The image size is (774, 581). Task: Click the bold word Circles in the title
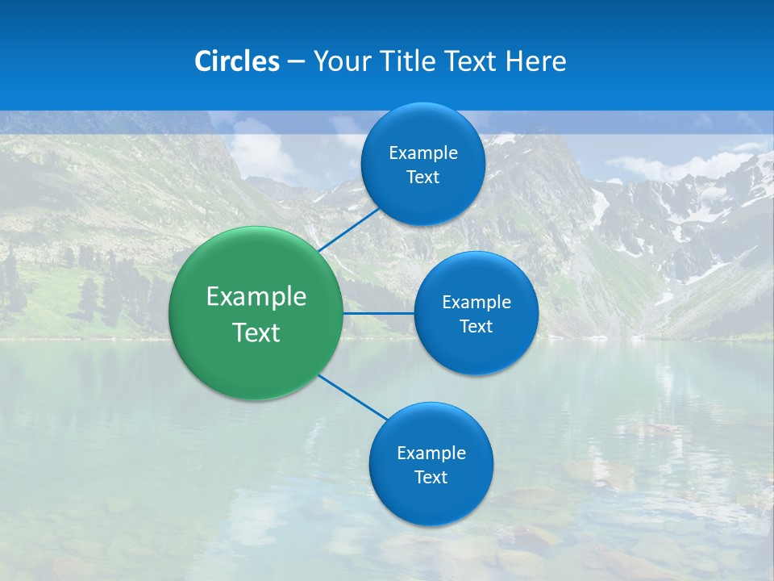236,61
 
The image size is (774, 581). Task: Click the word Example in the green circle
256,297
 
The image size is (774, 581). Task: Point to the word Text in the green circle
256,332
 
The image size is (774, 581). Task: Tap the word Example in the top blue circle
423,153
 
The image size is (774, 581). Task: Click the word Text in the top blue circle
423,178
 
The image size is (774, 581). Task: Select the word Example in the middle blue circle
476,303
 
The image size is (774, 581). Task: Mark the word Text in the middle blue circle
476,327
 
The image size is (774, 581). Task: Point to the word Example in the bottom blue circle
431,454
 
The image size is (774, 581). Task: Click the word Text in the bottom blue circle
431,478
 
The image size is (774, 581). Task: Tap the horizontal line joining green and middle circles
378,313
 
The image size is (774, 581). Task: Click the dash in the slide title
296,61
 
